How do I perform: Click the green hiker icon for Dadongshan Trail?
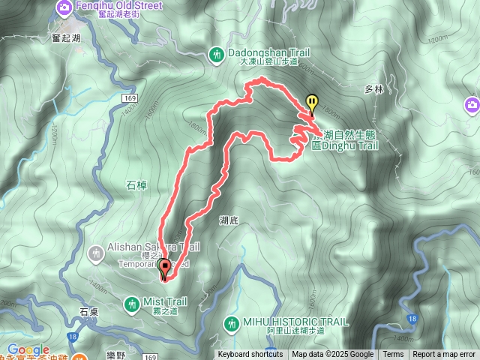click(217, 54)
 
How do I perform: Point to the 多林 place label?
click(374, 88)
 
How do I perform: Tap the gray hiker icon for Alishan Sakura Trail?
click(95, 253)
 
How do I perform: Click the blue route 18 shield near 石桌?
click(72, 338)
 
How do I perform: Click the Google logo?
click(28, 350)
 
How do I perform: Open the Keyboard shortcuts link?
click(250, 355)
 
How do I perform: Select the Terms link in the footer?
click(393, 355)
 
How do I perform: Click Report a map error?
click(444, 355)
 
